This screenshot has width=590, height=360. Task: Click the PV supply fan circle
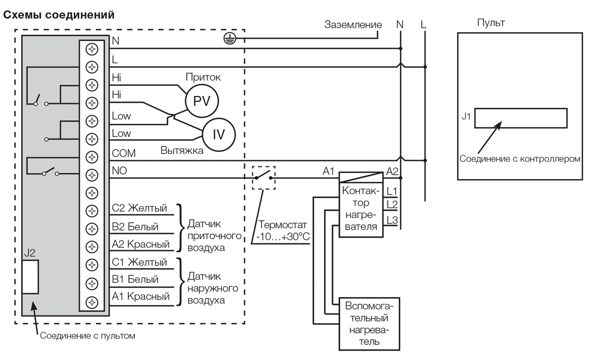point(201,101)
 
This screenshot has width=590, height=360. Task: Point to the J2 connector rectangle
point(30,277)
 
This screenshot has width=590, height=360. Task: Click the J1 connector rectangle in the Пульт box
point(521,118)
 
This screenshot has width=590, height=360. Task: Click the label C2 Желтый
point(139,208)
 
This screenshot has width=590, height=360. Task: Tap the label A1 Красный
point(141,297)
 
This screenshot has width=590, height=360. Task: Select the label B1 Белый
point(135,279)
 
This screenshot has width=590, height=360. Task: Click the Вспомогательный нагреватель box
point(369,325)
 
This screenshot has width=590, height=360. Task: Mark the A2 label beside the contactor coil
point(393,172)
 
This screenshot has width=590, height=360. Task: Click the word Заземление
point(353,25)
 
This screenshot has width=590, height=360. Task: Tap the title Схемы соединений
point(59,15)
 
